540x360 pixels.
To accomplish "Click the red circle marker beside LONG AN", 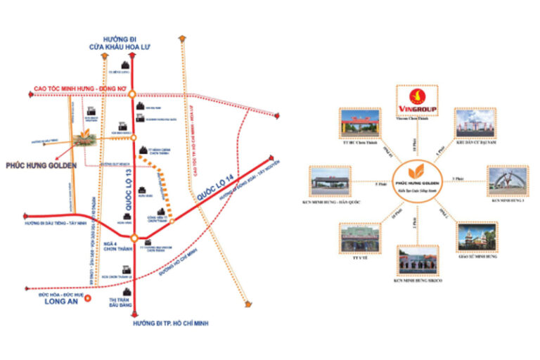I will pyautogui.click(x=88, y=298).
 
